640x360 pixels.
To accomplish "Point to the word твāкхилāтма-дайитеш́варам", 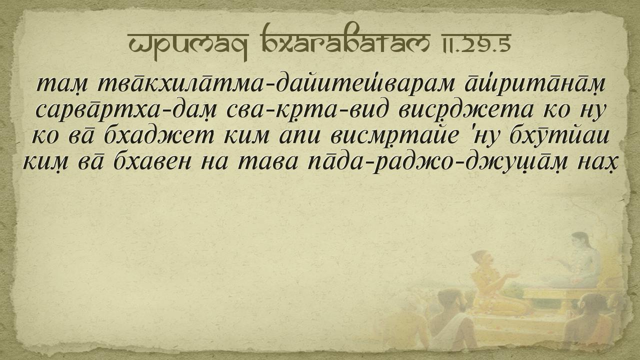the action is [x=276, y=84].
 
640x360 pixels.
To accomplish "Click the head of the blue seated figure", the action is [x=580, y=241].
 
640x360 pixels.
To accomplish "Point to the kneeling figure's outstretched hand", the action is [x=511, y=275].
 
